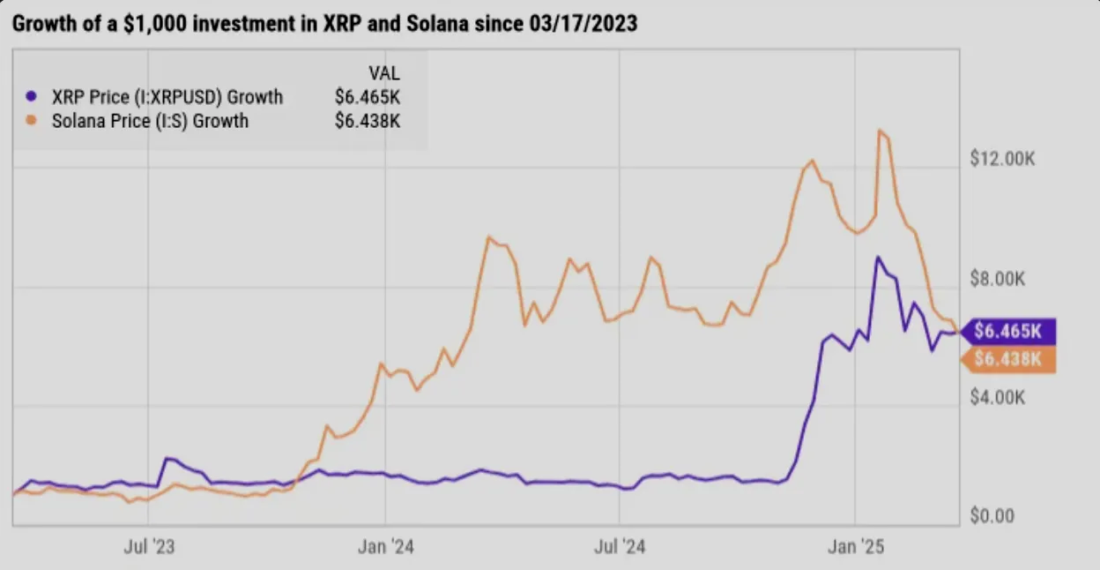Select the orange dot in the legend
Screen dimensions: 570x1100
pos(33,121)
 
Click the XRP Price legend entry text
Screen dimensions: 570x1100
pos(167,97)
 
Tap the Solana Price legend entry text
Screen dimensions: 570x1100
pos(150,121)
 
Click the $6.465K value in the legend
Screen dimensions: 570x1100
pos(368,97)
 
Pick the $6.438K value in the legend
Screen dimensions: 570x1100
pos(368,121)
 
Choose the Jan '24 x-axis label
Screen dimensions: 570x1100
pos(386,547)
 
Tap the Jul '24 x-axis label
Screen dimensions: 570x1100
pos(621,547)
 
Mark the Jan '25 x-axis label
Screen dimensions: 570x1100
pos(855,547)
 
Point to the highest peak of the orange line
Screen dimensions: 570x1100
pos(880,131)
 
